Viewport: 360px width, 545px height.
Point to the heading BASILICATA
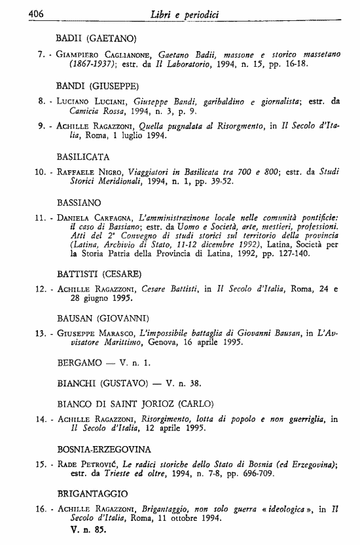83,157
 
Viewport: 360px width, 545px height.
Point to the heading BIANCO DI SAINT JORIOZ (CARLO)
135,404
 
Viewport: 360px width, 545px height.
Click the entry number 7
41,55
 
